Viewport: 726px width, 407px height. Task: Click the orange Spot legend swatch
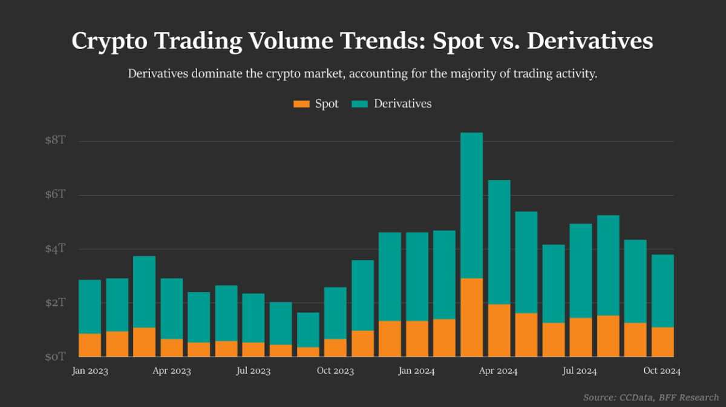pyautogui.click(x=301, y=104)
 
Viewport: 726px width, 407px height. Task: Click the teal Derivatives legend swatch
pyautogui.click(x=360, y=104)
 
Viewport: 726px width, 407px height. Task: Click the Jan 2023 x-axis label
pyautogui.click(x=90, y=371)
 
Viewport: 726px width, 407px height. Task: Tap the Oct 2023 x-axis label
pyautogui.click(x=335, y=371)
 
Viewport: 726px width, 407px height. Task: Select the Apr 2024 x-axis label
pyautogui.click(x=499, y=371)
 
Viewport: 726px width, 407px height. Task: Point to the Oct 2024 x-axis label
pyautogui.click(x=662, y=371)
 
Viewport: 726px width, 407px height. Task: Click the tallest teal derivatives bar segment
pyautogui.click(x=472, y=205)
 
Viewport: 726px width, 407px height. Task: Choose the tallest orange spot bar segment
pyautogui.click(x=472, y=317)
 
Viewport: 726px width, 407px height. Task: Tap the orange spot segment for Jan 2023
pyautogui.click(x=90, y=345)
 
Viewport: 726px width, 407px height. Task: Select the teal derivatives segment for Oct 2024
pyautogui.click(x=662, y=291)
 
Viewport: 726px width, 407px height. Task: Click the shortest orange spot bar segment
pyautogui.click(x=308, y=352)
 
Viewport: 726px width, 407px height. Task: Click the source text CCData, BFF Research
pyautogui.click(x=672, y=397)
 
